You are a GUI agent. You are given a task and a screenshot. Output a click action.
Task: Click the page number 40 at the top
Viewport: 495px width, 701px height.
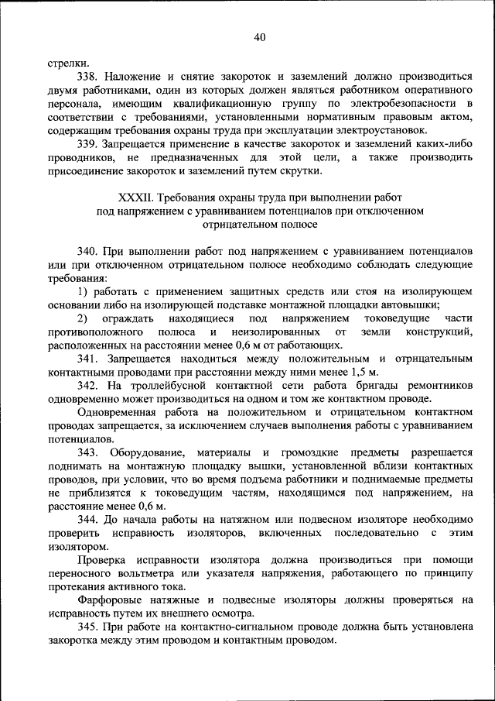point(259,37)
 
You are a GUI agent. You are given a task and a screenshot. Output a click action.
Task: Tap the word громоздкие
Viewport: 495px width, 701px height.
point(316,452)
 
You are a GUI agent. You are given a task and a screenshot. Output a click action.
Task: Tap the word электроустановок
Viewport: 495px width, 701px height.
point(383,130)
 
